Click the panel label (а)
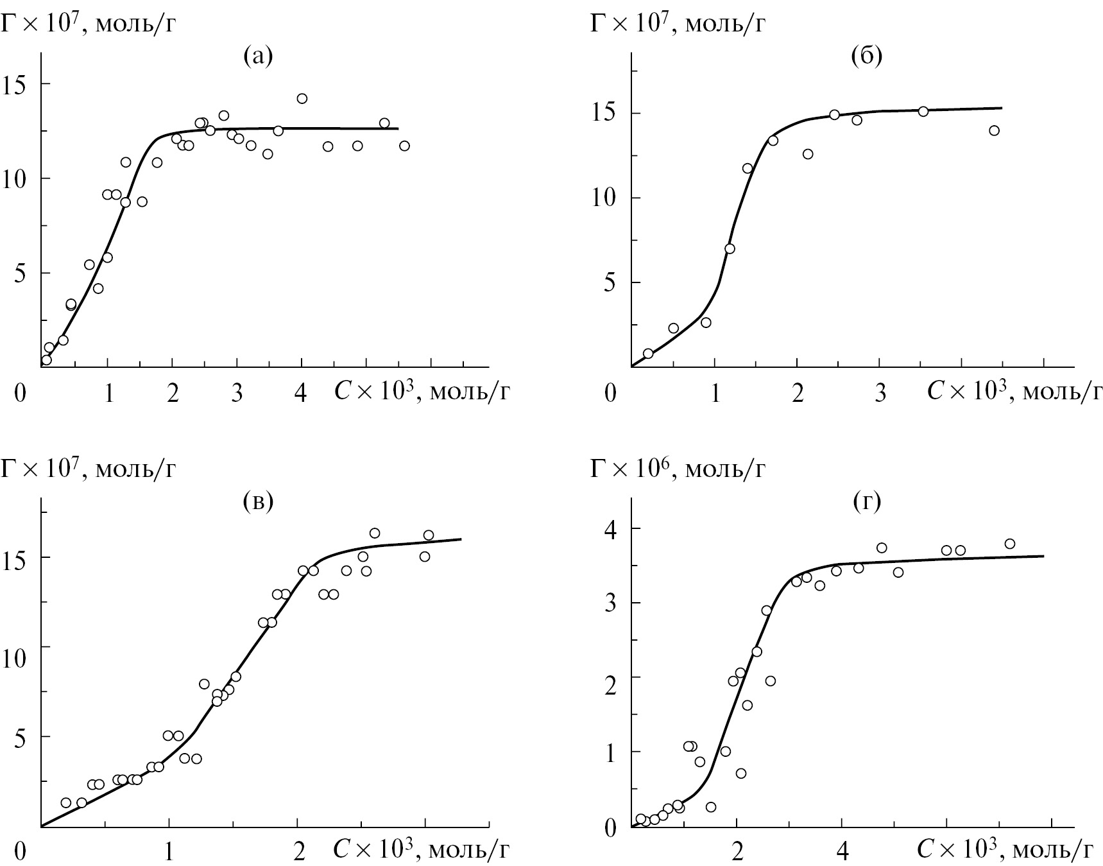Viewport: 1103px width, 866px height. click(x=259, y=57)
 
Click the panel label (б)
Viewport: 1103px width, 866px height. click(x=866, y=57)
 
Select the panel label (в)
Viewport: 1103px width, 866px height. click(x=259, y=502)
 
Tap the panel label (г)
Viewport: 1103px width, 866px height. click(x=866, y=502)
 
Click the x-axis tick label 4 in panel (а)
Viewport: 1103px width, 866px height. click(x=300, y=394)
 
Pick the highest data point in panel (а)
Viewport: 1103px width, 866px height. click(x=302, y=98)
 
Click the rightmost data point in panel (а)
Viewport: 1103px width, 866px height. click(x=404, y=146)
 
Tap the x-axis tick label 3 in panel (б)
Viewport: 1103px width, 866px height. click(x=880, y=394)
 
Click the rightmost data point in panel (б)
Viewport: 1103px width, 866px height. click(x=995, y=130)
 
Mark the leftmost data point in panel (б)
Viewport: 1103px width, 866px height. click(x=648, y=353)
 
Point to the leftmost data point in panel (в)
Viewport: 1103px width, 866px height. click(x=65, y=802)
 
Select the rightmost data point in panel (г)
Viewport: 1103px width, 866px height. click(x=1010, y=544)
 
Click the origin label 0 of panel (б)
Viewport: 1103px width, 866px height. click(x=610, y=394)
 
